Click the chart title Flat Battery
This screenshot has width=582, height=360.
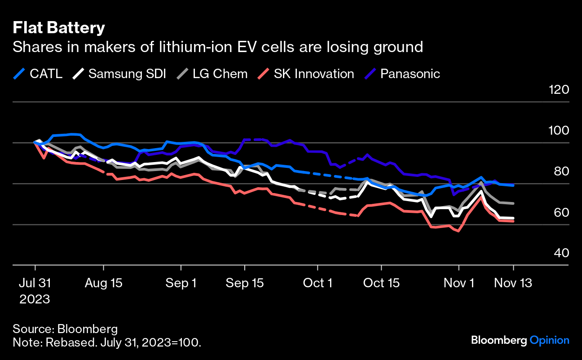[58, 28]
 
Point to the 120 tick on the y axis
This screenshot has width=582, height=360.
[559, 89]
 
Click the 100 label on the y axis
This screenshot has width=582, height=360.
[559, 130]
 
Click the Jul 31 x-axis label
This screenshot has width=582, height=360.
[35, 283]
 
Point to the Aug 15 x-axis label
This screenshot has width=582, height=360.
[104, 283]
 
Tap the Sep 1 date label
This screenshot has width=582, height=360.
[181, 283]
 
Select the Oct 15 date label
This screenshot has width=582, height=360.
[381, 283]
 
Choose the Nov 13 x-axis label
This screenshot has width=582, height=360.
[513, 283]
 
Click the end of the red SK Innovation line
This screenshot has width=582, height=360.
[513, 221]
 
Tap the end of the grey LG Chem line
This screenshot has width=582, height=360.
[513, 203]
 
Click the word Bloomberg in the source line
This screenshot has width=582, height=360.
[88, 329]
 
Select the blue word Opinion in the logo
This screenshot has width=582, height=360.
[549, 340]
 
